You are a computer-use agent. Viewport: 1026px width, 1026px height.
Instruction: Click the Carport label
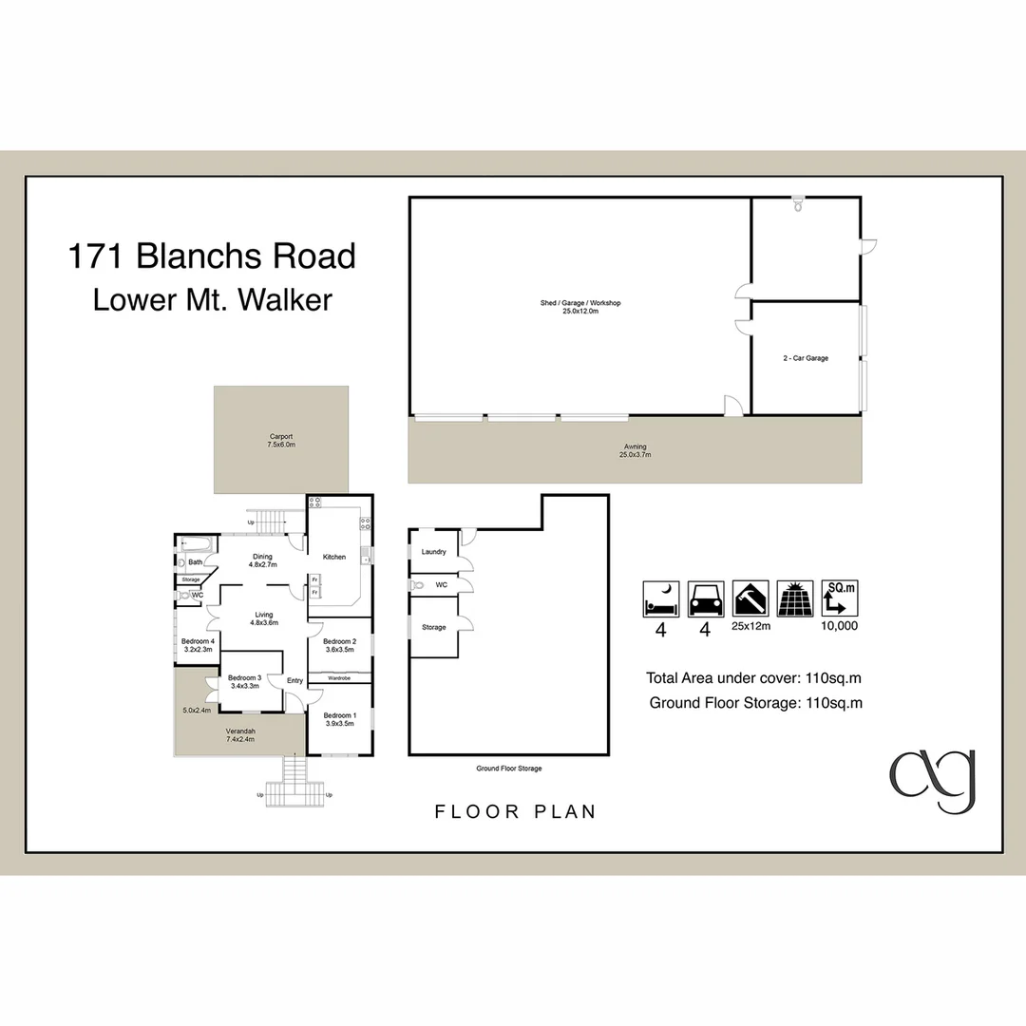281,436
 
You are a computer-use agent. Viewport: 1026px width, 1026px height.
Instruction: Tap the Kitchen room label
334,557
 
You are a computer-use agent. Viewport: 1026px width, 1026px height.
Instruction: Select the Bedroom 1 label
340,715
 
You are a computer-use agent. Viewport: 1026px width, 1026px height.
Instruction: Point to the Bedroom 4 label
199,641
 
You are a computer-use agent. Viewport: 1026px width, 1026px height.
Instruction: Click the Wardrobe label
339,678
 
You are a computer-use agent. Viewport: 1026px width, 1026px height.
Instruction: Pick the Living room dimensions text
264,623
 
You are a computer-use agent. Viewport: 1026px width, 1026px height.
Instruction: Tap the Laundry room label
434,552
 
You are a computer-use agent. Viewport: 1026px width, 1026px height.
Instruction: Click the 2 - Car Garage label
806,358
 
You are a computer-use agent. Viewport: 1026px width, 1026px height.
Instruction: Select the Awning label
636,446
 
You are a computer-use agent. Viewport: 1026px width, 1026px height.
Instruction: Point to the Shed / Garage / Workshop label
580,303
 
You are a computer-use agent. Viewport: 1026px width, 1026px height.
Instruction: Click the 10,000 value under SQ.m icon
840,626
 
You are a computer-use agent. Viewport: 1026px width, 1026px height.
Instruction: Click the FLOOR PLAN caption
516,811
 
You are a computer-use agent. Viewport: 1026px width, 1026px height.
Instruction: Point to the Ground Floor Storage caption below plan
508,769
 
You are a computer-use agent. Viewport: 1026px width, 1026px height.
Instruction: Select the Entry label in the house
294,680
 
